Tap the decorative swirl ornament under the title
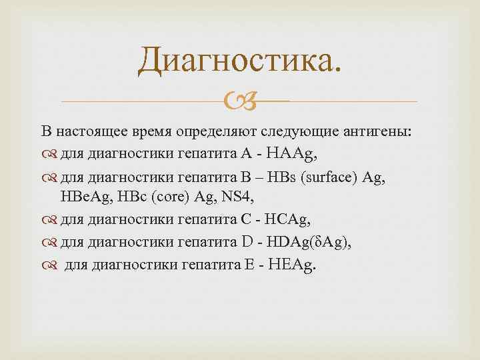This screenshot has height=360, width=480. point(239,102)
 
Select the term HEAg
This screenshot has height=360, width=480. point(293,266)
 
